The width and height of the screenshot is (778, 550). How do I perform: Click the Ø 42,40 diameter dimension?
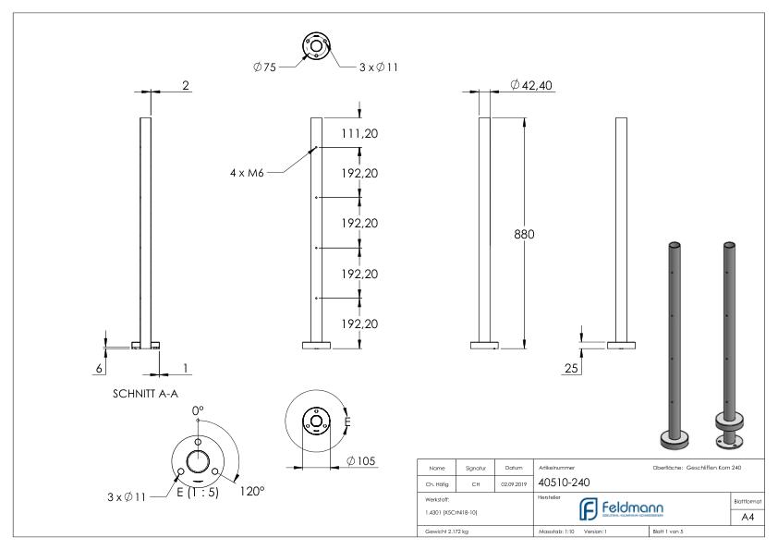point(531,86)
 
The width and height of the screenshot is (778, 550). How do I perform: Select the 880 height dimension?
point(524,234)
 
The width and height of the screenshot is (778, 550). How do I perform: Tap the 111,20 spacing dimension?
point(360,134)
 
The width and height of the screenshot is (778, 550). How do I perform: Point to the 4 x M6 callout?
point(249,173)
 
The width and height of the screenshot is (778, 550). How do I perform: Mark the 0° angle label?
point(197,410)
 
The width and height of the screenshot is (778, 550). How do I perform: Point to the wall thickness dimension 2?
point(185,86)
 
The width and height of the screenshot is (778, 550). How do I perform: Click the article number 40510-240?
point(565,481)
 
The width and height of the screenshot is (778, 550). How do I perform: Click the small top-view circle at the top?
point(316,47)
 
